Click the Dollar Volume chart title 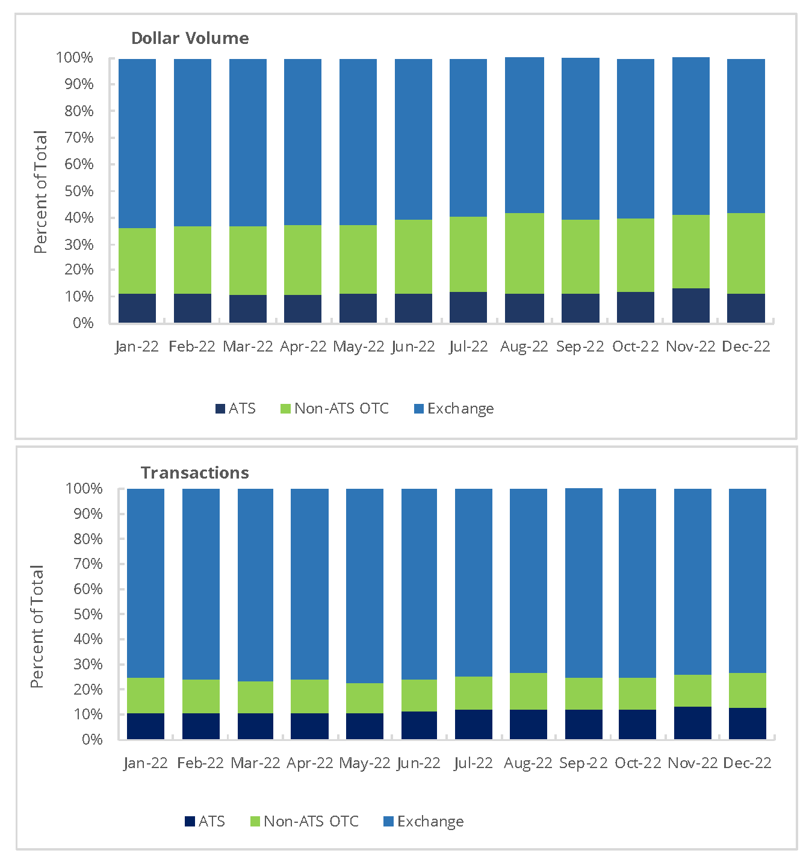(x=190, y=38)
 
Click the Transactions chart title (x=194, y=473)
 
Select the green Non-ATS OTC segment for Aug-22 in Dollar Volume (x=524, y=253)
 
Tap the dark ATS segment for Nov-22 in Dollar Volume (x=690, y=305)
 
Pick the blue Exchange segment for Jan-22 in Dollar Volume (x=137, y=143)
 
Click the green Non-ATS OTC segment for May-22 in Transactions (x=364, y=698)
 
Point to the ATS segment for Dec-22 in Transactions (x=747, y=723)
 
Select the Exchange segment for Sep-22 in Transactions (x=583, y=583)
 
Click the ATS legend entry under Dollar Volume (x=235, y=409)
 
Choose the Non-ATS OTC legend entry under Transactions (x=304, y=822)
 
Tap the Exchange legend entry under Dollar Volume (x=454, y=409)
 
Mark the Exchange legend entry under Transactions (x=424, y=822)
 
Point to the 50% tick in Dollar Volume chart (x=79, y=191)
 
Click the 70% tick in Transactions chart (x=88, y=564)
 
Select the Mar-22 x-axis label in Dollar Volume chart (x=247, y=347)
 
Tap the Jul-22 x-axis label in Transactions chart (x=473, y=763)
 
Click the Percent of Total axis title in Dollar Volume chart (x=40, y=191)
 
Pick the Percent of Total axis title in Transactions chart (x=37, y=626)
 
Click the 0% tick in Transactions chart (x=92, y=739)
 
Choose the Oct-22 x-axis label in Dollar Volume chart (x=635, y=347)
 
